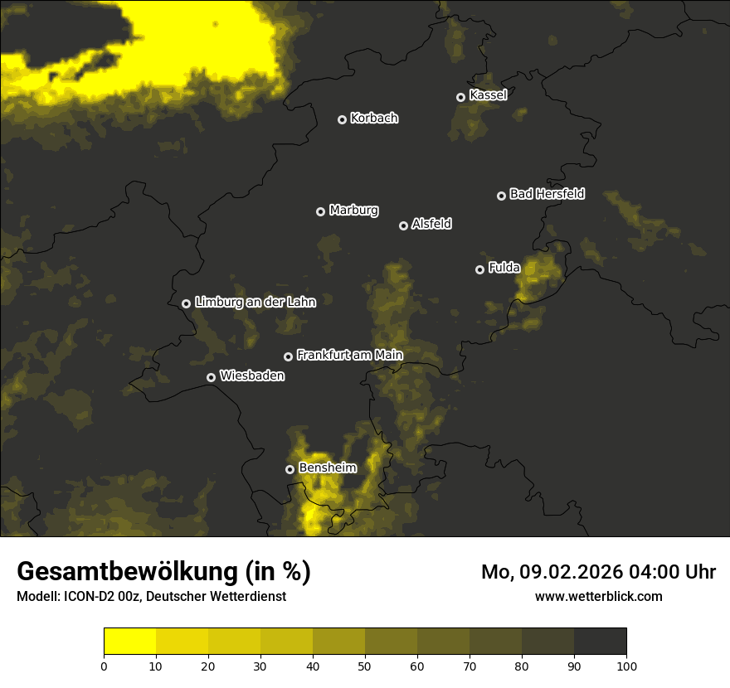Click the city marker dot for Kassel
point(460,97)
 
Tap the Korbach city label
point(374,119)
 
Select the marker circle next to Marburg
point(320,211)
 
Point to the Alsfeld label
point(431,225)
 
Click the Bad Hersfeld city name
point(547,195)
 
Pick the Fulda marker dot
point(479,269)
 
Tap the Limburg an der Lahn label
point(255,303)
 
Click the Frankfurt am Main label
point(349,356)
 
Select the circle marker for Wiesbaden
point(211,377)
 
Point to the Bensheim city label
point(328,468)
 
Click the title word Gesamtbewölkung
point(146,572)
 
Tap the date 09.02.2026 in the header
point(572,572)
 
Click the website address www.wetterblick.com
point(598,597)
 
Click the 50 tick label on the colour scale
point(365,665)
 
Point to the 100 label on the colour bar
point(626,665)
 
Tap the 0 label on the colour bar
point(104,665)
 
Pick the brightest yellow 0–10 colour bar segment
point(129,642)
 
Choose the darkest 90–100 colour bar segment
point(601,642)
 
